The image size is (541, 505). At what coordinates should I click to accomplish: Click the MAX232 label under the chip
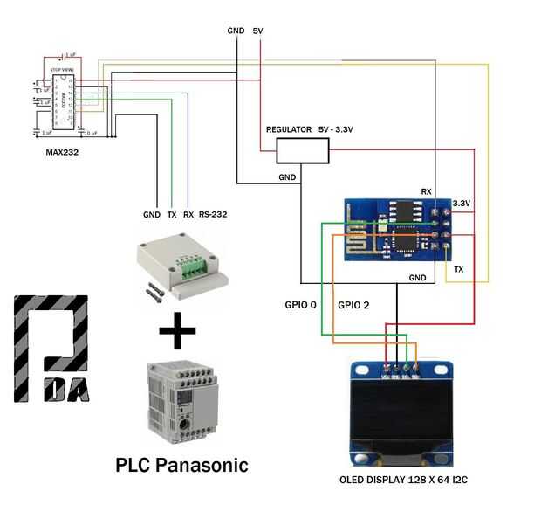point(62,151)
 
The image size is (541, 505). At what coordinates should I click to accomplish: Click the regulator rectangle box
point(302,151)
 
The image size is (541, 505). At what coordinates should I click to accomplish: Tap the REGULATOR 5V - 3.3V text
point(315,129)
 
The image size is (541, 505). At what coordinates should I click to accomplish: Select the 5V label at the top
point(257,31)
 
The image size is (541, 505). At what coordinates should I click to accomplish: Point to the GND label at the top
point(236,31)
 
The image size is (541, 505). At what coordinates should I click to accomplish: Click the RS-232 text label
point(213,214)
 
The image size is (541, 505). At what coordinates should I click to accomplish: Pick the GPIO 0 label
point(300,307)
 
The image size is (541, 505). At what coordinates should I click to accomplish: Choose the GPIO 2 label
point(354,307)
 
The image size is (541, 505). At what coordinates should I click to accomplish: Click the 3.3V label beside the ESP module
point(461,204)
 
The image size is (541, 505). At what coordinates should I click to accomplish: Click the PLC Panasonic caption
point(181,465)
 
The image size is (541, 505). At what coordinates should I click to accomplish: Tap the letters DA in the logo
point(66,388)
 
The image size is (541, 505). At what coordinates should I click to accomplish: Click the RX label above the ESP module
point(426,190)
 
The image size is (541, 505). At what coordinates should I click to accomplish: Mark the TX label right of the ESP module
point(459,270)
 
